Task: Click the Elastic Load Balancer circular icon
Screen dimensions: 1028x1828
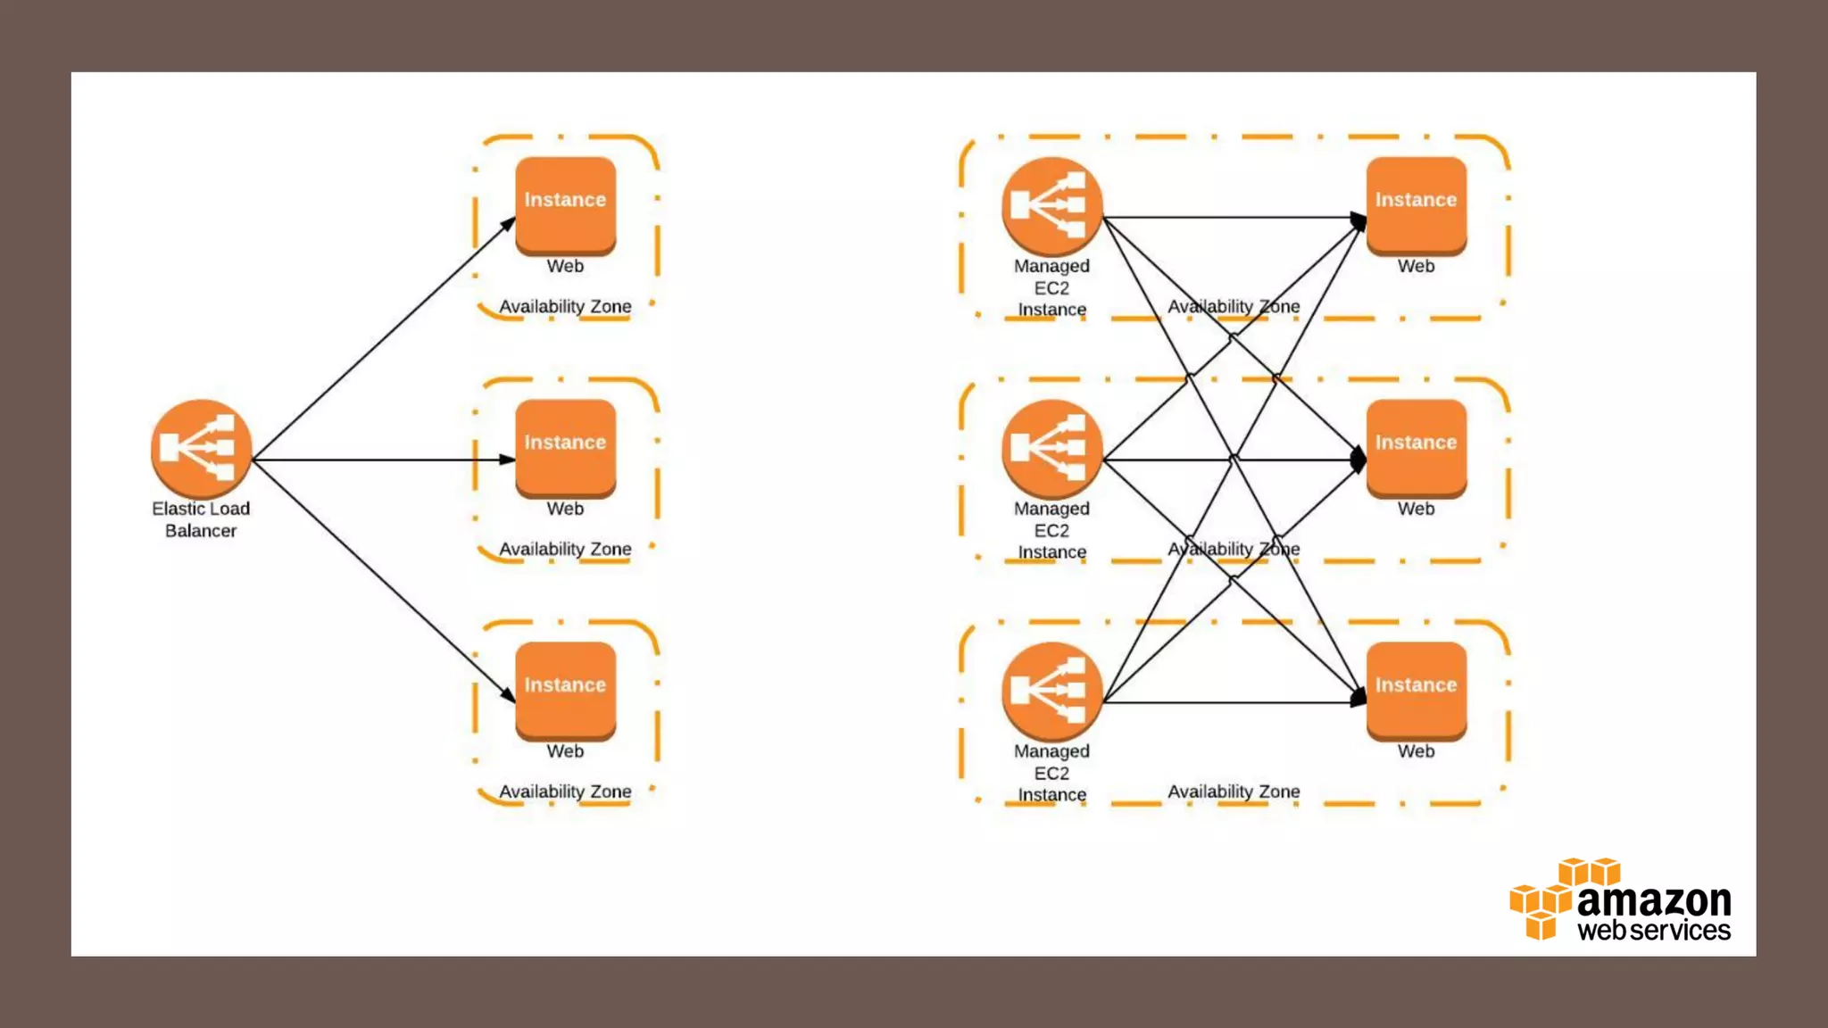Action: click(x=201, y=448)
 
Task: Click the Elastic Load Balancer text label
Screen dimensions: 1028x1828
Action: click(x=201, y=519)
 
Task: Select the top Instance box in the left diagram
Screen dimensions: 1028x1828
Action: click(x=565, y=204)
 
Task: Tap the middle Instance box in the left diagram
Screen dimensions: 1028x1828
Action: click(x=565, y=447)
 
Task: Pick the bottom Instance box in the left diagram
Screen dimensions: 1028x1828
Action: click(x=565, y=690)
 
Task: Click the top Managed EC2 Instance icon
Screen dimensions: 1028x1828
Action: click(x=1051, y=206)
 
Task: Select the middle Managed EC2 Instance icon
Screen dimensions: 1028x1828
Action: click(x=1051, y=448)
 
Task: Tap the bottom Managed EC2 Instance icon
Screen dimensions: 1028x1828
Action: click(x=1051, y=691)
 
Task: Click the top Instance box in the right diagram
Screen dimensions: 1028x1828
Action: click(x=1416, y=204)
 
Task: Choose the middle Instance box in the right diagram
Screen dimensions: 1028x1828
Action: click(x=1416, y=447)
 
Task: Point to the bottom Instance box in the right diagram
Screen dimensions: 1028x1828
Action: click(x=1416, y=690)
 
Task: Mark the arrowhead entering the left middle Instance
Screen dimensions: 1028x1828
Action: click(x=507, y=460)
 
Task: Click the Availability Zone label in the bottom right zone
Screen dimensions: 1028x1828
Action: click(x=1234, y=792)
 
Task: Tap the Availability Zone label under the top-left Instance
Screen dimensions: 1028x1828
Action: click(x=565, y=306)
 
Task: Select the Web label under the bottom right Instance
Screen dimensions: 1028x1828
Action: click(x=1416, y=751)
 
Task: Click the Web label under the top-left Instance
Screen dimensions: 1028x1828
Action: click(x=565, y=266)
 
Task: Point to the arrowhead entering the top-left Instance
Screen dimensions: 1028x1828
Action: click(x=507, y=224)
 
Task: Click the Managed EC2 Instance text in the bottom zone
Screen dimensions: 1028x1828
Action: click(x=1051, y=773)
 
